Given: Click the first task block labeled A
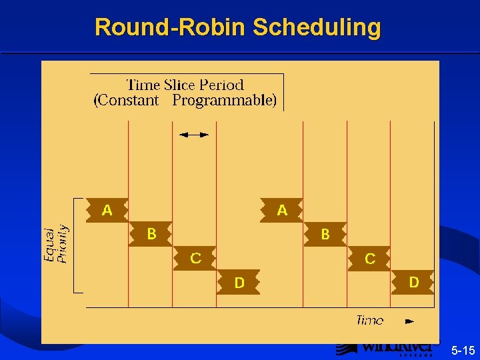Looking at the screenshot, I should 107,210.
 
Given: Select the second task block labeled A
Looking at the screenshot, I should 282,210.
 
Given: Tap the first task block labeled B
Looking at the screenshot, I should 151,234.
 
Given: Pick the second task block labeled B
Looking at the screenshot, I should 325,234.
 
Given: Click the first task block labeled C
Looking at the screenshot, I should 195,258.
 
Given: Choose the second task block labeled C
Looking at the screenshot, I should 369,258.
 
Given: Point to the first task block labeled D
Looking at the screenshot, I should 239,283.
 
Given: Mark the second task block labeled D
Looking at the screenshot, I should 413,282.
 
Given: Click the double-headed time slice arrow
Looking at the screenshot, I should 194,135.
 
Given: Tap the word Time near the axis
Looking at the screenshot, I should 369,321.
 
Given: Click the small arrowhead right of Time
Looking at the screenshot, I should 409,321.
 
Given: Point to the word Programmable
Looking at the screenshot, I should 224,101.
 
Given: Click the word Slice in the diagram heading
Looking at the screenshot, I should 182,85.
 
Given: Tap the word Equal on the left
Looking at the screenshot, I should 49,245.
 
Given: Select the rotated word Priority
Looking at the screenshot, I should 63,244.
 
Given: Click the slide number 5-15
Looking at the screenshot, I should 463,350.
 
